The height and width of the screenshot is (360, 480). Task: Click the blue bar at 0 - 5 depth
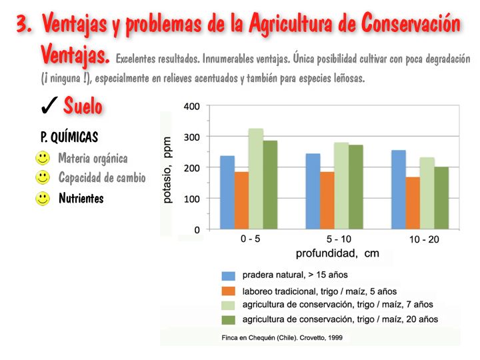pos(227,193)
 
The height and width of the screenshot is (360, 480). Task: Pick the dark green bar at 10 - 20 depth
pos(441,198)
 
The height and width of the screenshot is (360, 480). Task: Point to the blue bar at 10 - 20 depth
pos(398,189)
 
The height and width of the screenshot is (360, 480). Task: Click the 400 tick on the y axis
pos(191,107)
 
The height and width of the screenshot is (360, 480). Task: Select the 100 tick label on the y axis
pos(191,199)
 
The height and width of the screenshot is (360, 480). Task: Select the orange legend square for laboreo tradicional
pos(229,291)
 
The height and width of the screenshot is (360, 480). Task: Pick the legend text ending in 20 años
pos(340,319)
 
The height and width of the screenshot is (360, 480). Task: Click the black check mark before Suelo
pos(48,105)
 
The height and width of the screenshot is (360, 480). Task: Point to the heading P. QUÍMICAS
pos(69,137)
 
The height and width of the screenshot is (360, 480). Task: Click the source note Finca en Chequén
pos(282,338)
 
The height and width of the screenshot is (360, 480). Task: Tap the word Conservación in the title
pos(411,25)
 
